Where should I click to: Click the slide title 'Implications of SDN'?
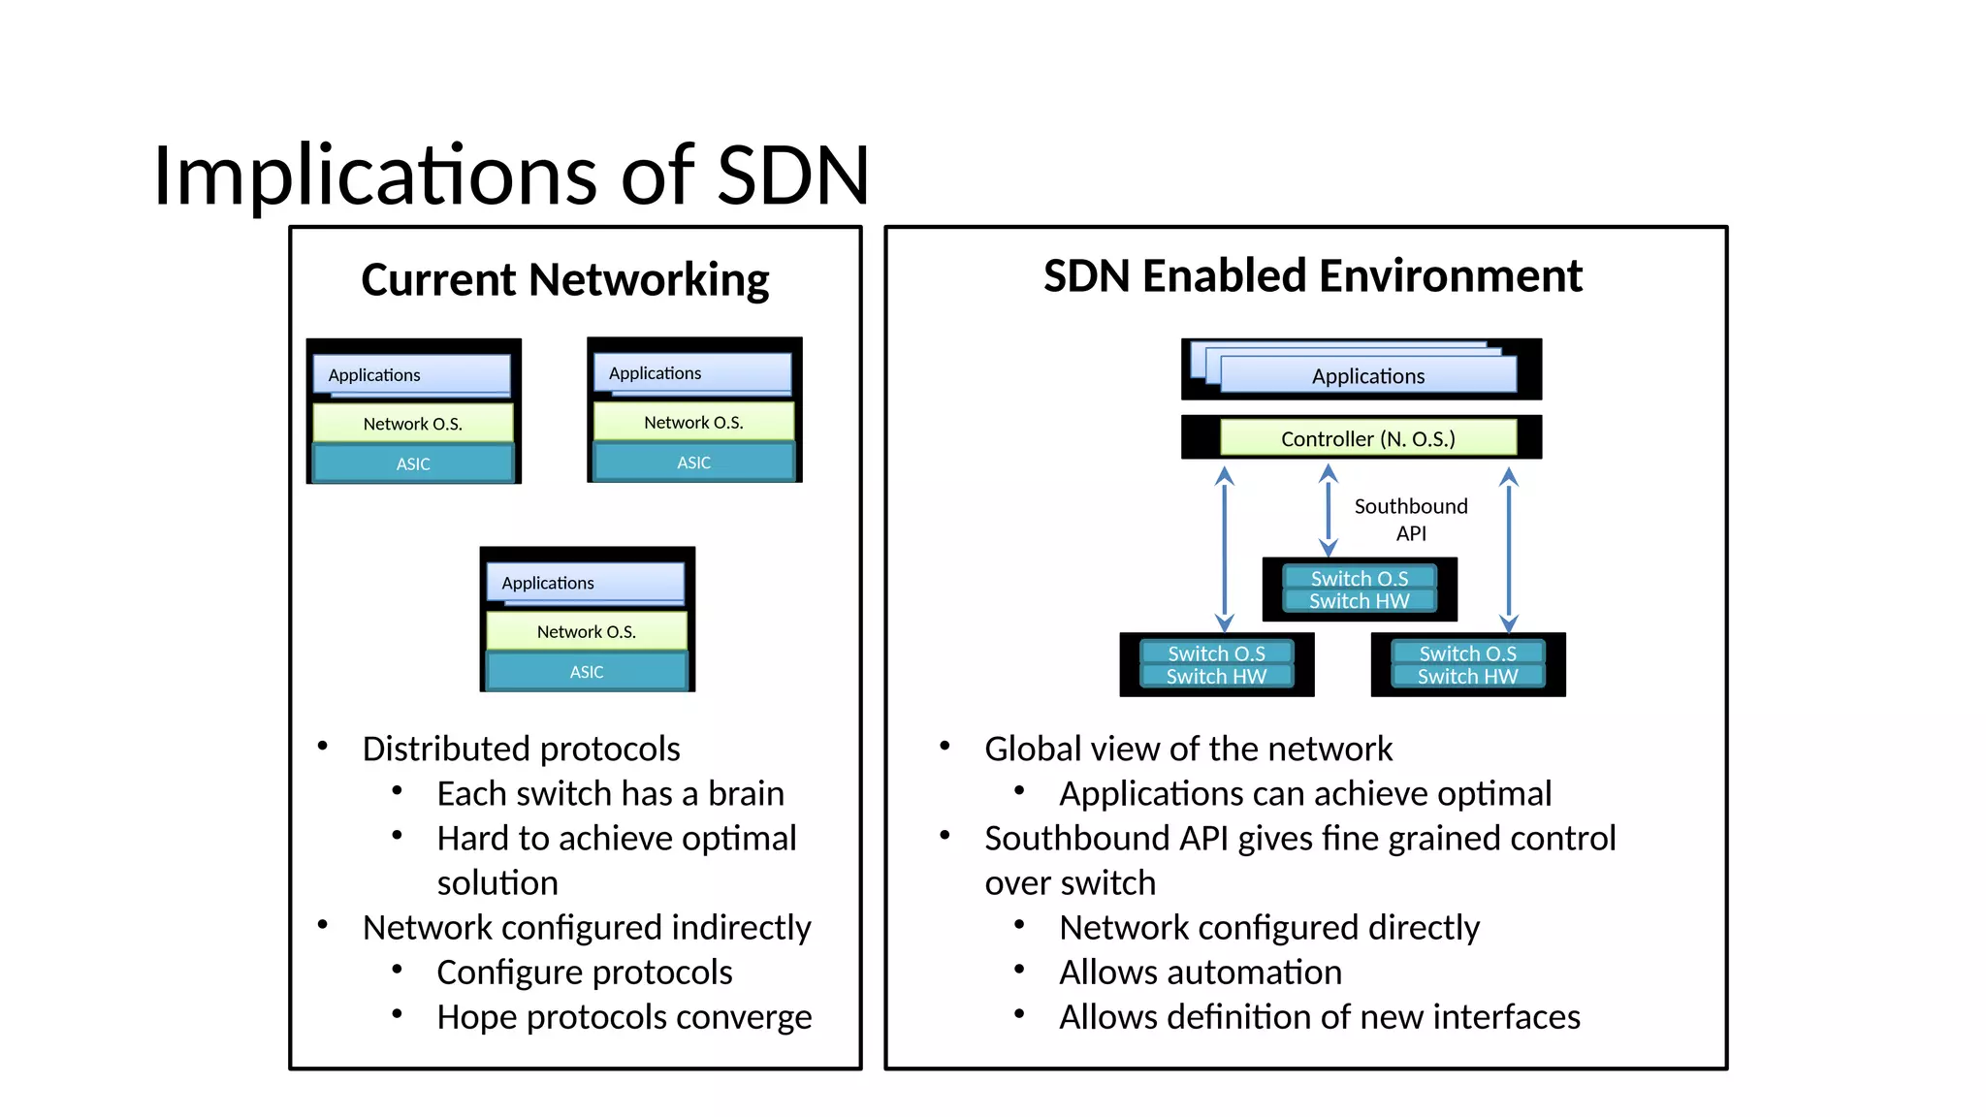coord(511,176)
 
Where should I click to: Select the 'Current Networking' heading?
coord(564,279)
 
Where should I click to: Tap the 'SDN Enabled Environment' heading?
coord(1312,276)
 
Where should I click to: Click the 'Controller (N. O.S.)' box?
coord(1367,438)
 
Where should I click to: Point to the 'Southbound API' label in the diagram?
coord(1411,519)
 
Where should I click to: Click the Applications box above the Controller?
coord(1367,375)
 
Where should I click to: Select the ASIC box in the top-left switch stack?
coord(413,463)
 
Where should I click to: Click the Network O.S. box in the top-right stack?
coord(693,422)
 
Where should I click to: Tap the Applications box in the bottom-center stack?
coord(585,582)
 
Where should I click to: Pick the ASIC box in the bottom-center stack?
coord(587,671)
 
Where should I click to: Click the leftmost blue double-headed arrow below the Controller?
coord(1225,548)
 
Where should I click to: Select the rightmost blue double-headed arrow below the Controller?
coord(1509,548)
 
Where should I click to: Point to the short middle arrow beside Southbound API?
coord(1329,510)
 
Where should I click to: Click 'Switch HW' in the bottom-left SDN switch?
coord(1216,676)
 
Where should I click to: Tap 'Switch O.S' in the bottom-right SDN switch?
coord(1467,654)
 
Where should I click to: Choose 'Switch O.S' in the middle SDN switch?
coord(1360,578)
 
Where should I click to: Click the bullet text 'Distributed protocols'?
coord(521,749)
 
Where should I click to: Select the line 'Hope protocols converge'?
coord(624,1016)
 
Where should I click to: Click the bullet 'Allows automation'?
coord(1200,972)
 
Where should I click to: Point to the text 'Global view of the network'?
coord(1188,749)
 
